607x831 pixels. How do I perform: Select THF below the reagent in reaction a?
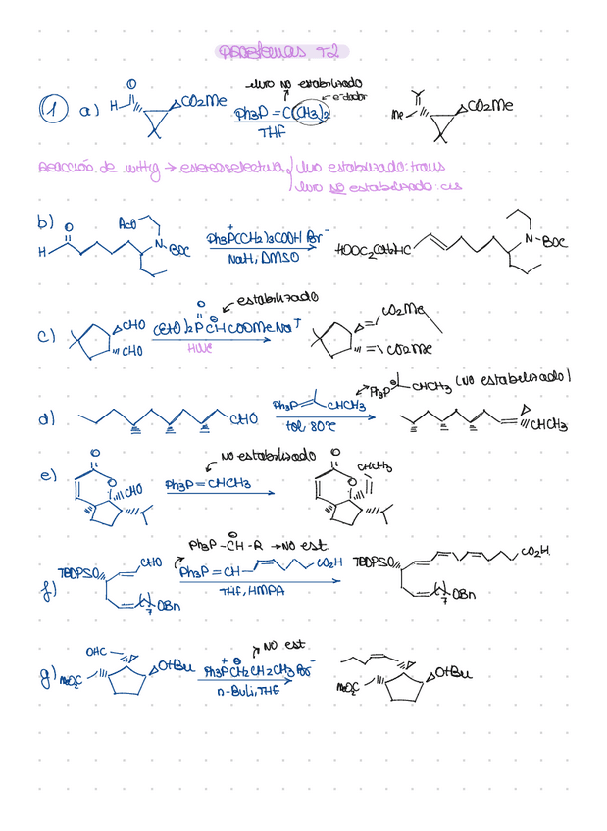click(272, 132)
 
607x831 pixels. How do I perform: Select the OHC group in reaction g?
click(98, 651)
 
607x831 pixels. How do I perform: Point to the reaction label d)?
click(45, 418)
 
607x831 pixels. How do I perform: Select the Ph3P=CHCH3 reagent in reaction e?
click(207, 483)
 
